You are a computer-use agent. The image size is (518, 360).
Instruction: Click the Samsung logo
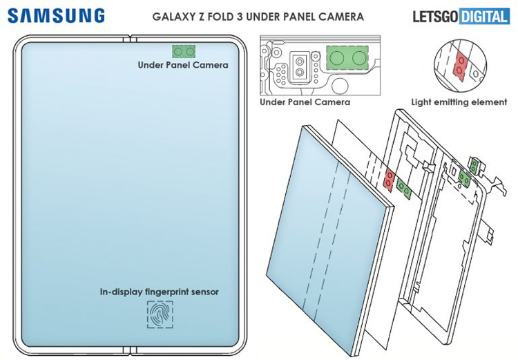[56, 16]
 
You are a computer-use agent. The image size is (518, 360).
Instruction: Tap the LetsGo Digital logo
[461, 16]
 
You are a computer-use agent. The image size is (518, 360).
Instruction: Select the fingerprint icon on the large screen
[160, 314]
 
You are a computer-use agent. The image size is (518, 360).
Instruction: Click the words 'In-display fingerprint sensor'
[160, 292]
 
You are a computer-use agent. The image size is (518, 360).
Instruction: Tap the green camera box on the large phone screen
[184, 51]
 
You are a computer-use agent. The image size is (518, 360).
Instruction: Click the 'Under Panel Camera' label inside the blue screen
[183, 65]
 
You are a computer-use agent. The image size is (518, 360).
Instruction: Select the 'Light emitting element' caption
[459, 102]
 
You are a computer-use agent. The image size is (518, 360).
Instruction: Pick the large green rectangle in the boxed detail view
[347, 58]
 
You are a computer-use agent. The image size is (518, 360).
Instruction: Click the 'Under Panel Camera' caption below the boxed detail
[305, 102]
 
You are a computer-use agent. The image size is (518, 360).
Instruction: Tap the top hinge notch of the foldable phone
[130, 39]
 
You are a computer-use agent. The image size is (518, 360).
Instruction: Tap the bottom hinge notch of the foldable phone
[130, 350]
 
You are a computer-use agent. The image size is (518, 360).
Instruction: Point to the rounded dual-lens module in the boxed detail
[300, 66]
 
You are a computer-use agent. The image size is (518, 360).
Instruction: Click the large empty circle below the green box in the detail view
[340, 85]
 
